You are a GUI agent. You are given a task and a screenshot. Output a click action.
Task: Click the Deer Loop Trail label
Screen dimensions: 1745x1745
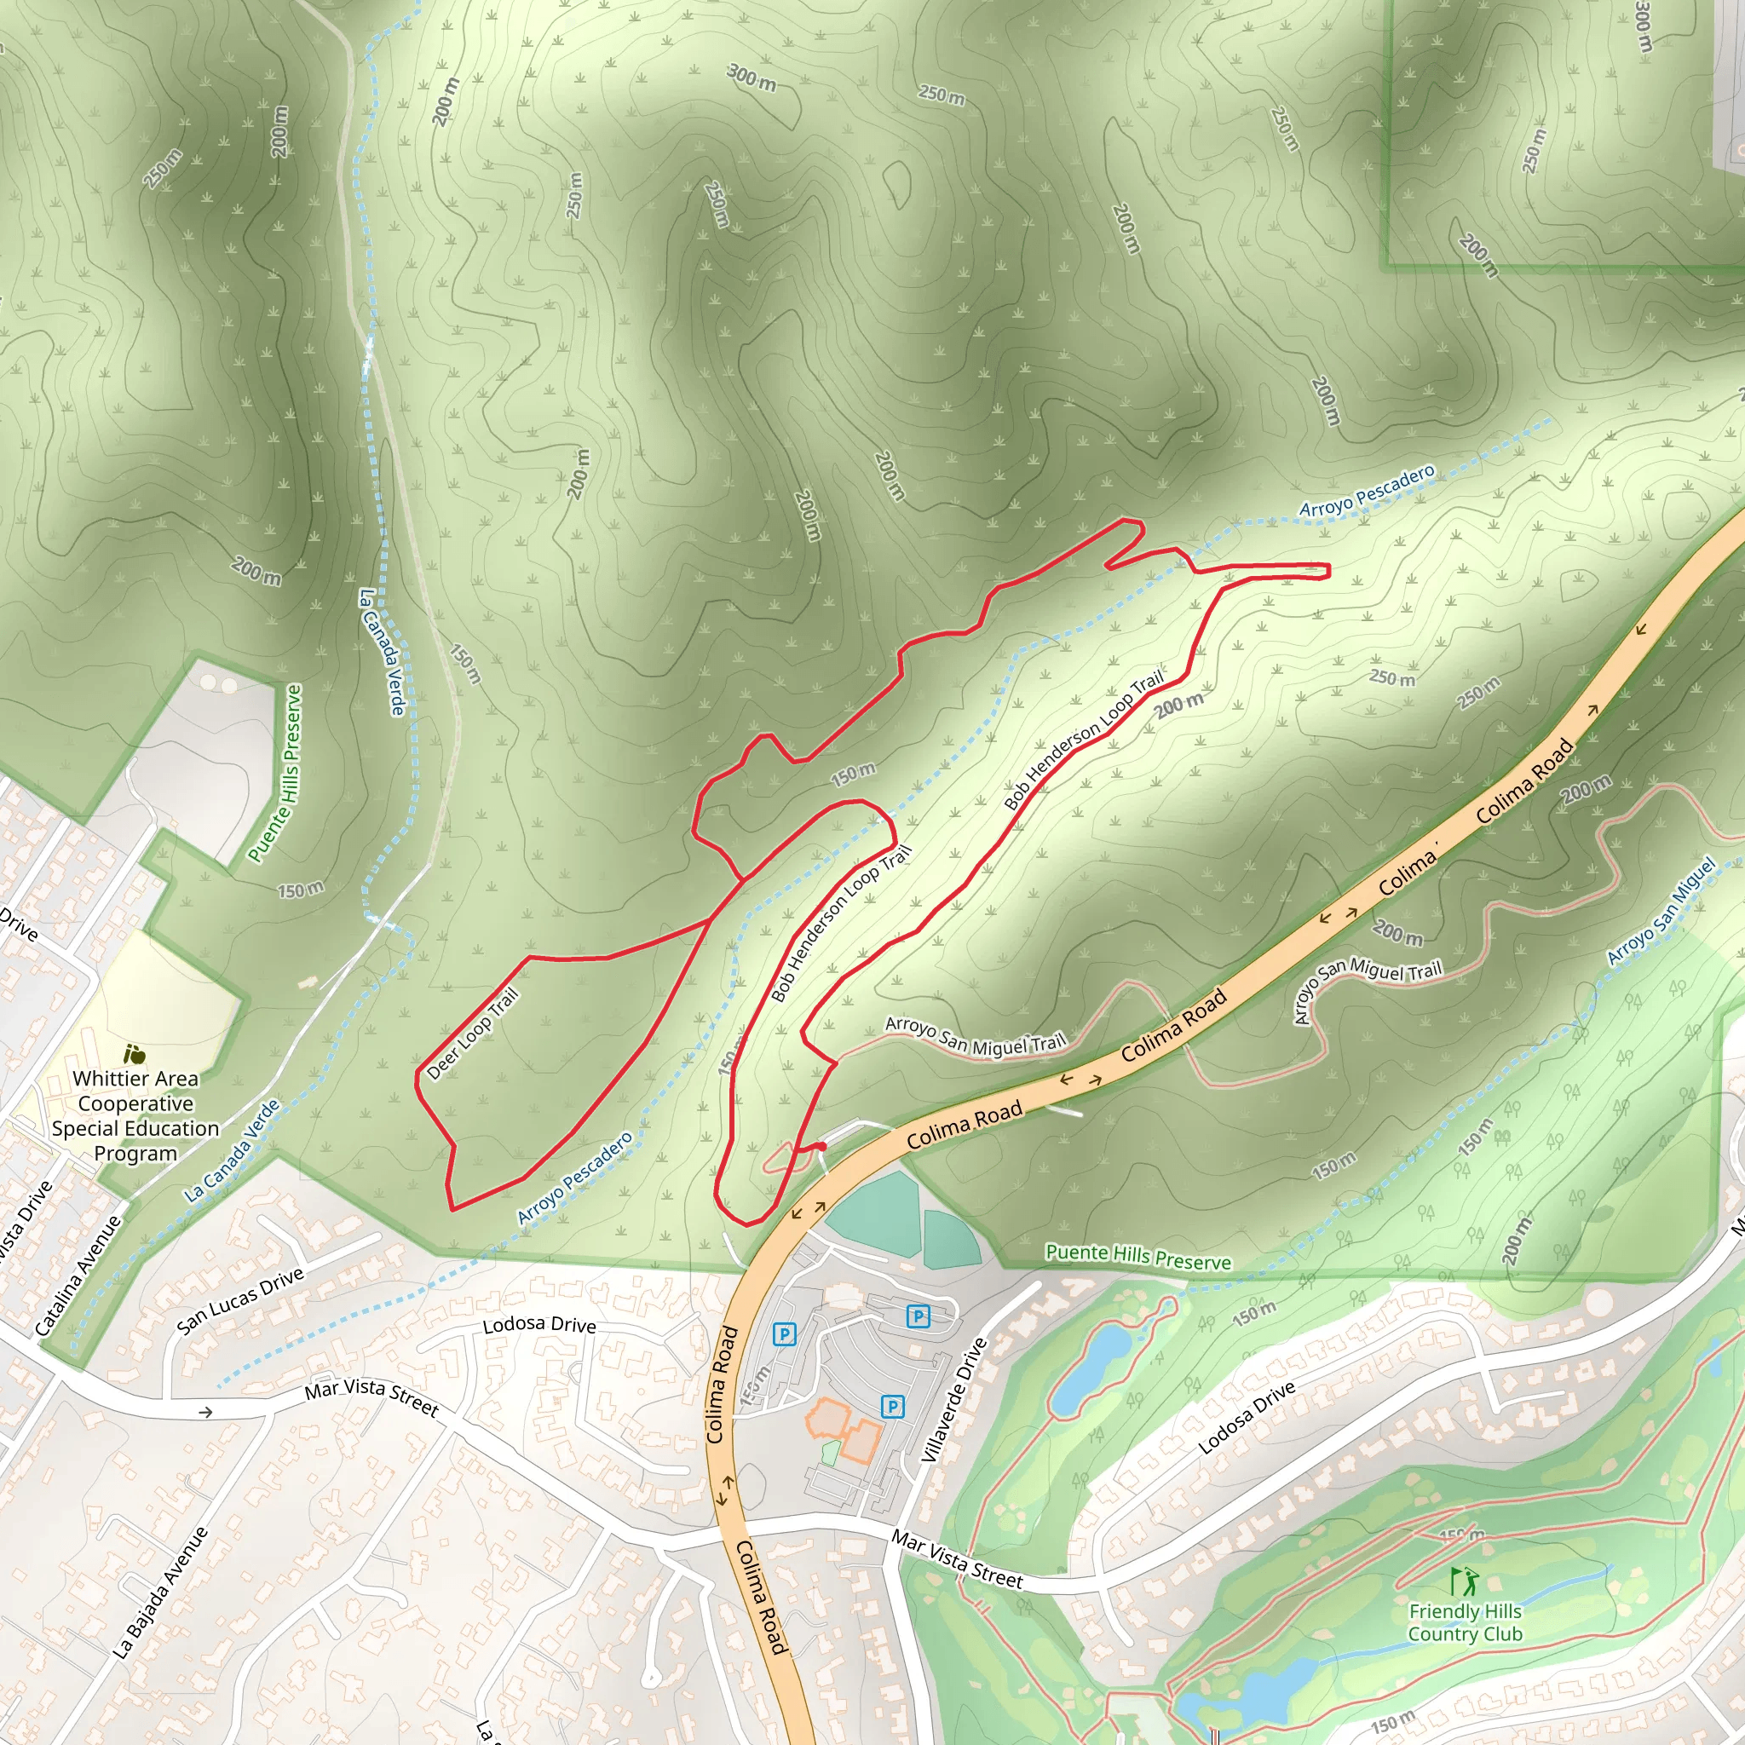(472, 1034)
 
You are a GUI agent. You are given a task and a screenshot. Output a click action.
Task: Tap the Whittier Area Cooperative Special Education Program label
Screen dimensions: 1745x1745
(135, 1115)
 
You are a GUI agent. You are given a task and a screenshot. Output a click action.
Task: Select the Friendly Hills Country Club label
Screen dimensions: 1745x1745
(1464, 1622)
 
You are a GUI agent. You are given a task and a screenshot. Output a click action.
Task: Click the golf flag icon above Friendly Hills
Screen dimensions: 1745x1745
(1464, 1581)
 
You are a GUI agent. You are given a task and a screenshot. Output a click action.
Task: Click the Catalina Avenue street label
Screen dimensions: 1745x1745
(78, 1276)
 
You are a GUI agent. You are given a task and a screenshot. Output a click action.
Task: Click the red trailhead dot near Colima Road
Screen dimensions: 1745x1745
(822, 1146)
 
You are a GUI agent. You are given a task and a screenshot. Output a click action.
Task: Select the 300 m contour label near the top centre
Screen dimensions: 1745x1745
(752, 78)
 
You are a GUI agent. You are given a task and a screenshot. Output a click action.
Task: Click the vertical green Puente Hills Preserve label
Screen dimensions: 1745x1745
(275, 773)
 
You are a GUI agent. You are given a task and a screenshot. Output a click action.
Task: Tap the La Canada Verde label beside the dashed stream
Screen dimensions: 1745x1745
(382, 652)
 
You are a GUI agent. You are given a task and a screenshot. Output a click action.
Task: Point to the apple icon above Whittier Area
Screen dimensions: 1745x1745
(135, 1053)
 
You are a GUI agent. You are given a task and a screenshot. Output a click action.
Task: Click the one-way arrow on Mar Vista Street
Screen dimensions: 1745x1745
(206, 1412)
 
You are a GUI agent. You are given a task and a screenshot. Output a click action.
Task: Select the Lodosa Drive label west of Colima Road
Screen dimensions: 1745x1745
(539, 1325)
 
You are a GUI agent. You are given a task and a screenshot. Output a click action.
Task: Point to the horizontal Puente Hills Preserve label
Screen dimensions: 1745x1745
(1138, 1257)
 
